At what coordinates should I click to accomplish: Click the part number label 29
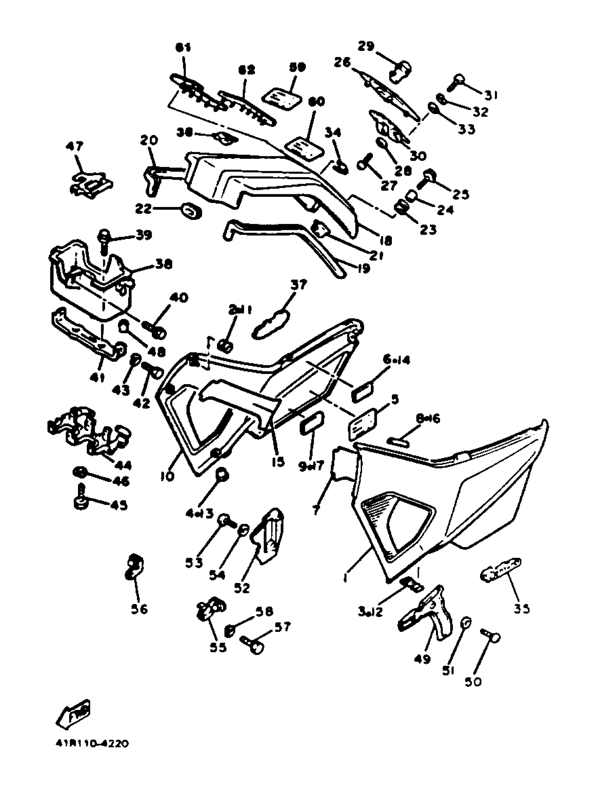366,46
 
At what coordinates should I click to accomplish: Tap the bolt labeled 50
492,636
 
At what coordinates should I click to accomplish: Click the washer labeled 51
466,622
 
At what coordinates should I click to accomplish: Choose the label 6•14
396,360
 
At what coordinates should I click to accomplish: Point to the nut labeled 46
79,473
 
